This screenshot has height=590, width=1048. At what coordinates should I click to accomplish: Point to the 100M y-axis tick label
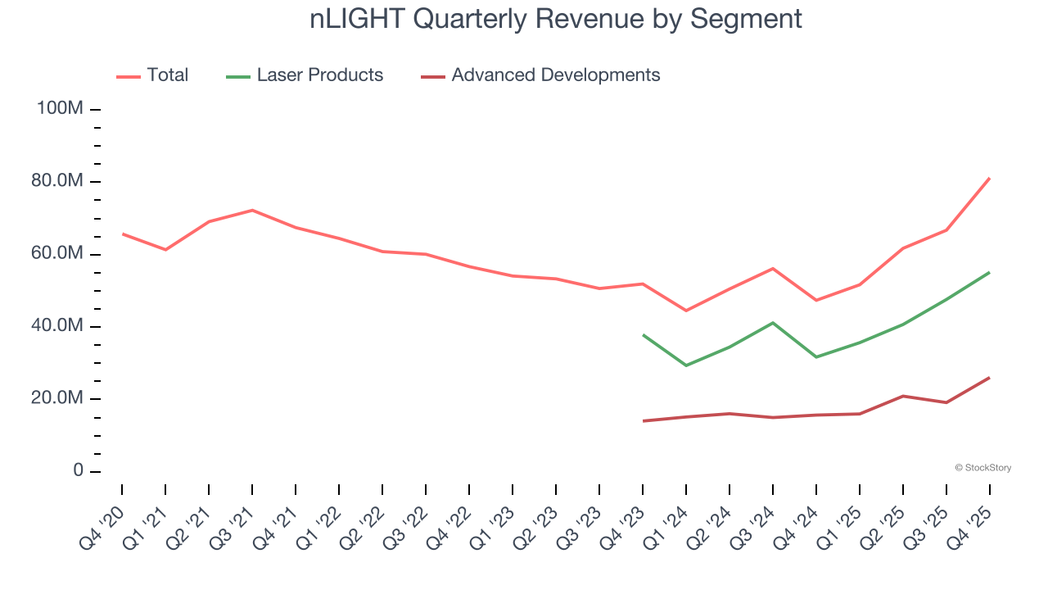coord(60,109)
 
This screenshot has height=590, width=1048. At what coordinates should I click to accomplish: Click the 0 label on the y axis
coord(78,471)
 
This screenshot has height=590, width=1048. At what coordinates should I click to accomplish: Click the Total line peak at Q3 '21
coord(252,211)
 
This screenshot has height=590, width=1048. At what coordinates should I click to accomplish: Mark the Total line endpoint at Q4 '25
coord(989,178)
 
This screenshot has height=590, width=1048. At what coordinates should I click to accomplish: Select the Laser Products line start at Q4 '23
coord(643,334)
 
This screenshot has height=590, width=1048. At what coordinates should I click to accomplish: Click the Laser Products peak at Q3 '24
coord(773,323)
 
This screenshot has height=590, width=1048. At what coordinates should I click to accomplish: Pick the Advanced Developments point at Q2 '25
coord(903,396)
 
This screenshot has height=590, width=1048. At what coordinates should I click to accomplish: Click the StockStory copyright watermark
coord(982,468)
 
